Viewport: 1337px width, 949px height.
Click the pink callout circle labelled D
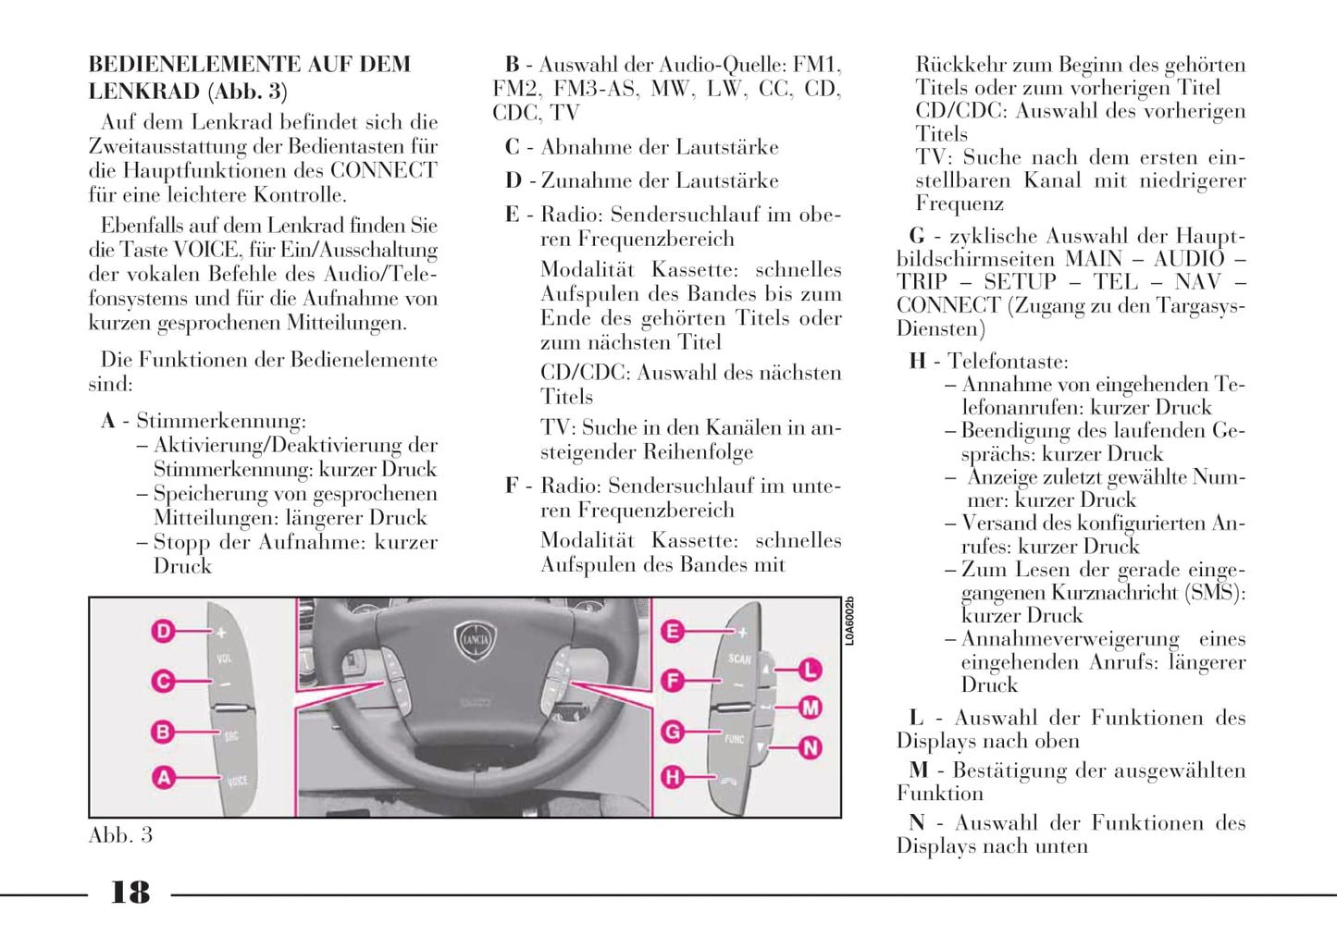point(163,632)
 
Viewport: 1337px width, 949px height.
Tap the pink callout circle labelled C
point(163,682)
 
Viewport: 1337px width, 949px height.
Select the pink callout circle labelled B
point(163,732)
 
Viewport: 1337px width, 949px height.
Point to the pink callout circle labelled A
point(163,777)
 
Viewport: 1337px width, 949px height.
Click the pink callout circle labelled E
point(673,632)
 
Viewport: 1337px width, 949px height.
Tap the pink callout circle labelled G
point(673,732)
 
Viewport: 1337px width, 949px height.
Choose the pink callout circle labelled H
point(673,777)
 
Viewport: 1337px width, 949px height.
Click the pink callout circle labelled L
point(811,669)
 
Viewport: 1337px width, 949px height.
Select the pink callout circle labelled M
point(811,709)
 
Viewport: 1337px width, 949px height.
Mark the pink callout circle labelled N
point(811,747)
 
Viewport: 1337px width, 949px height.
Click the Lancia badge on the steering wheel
point(475,640)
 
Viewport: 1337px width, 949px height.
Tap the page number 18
point(130,893)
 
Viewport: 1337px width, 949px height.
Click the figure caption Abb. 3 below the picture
point(120,835)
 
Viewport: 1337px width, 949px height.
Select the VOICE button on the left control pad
point(237,782)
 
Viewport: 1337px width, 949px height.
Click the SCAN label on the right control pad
point(739,659)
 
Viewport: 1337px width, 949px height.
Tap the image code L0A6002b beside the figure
point(850,621)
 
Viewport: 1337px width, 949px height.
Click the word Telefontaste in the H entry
point(1008,362)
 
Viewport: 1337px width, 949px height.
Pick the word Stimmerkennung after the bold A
point(220,422)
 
